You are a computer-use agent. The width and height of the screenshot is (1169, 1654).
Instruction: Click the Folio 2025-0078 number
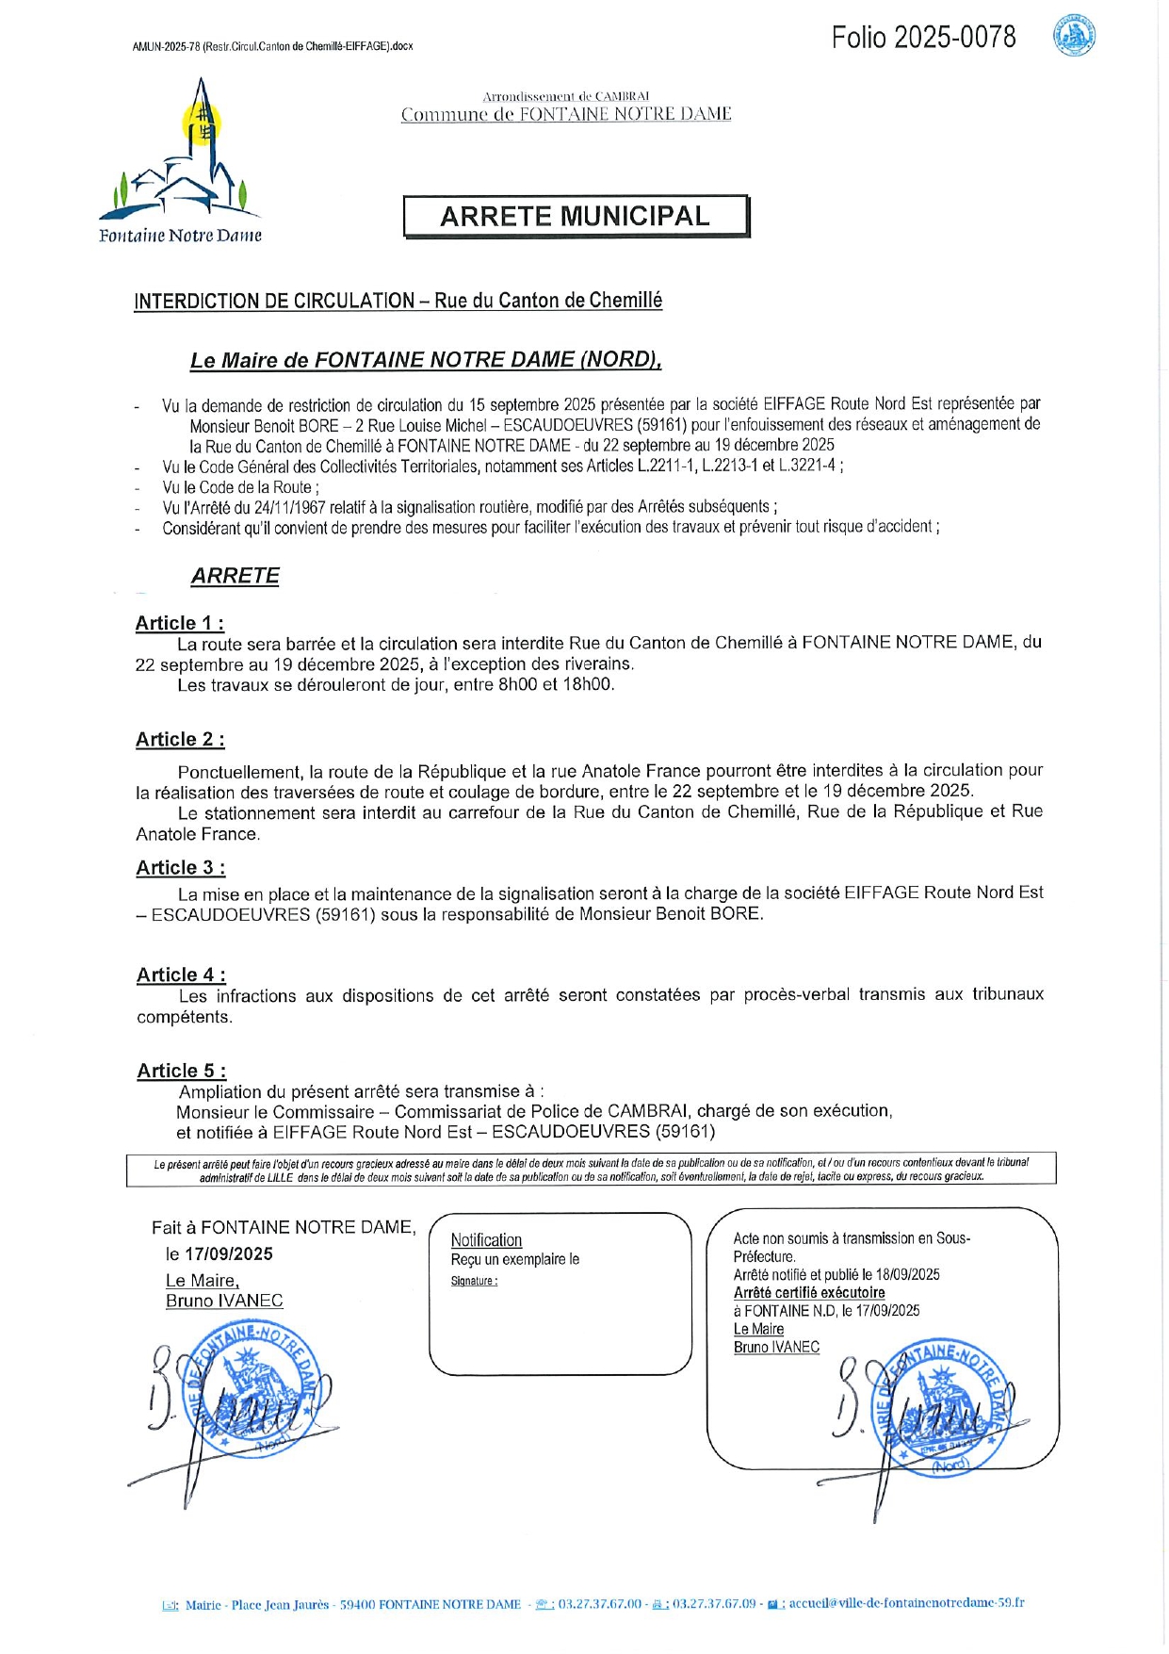coord(923,38)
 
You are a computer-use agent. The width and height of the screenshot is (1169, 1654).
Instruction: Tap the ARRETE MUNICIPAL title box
coord(576,217)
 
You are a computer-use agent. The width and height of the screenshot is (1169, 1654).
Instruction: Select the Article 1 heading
coord(180,623)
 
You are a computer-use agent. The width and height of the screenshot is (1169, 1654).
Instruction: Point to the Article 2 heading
coord(180,740)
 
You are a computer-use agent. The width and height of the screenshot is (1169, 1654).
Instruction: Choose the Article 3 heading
coord(181,868)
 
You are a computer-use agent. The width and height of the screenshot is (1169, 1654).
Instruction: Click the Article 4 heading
coord(181,975)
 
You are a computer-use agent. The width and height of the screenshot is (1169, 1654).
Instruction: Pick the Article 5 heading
coord(182,1071)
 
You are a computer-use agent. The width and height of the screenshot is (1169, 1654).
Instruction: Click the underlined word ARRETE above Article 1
coord(235,576)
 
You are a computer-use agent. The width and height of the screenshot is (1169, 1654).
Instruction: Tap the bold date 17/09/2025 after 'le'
coord(229,1254)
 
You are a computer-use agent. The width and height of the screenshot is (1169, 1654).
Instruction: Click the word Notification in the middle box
coord(486,1240)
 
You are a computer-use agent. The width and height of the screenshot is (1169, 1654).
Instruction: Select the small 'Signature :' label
coord(474,1281)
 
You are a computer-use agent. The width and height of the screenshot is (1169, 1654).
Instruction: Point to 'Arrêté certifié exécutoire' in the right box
coord(809,1293)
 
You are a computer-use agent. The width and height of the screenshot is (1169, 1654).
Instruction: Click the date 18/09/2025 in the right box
coord(908,1275)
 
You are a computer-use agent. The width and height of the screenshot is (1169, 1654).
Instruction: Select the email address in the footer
coord(906,1603)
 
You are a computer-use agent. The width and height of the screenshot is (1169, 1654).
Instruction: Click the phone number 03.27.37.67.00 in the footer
coord(599,1604)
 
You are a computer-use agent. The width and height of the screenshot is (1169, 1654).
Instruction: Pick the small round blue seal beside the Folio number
coord(1074,37)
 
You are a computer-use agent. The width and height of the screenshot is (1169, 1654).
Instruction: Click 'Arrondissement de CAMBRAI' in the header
coord(566,96)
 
